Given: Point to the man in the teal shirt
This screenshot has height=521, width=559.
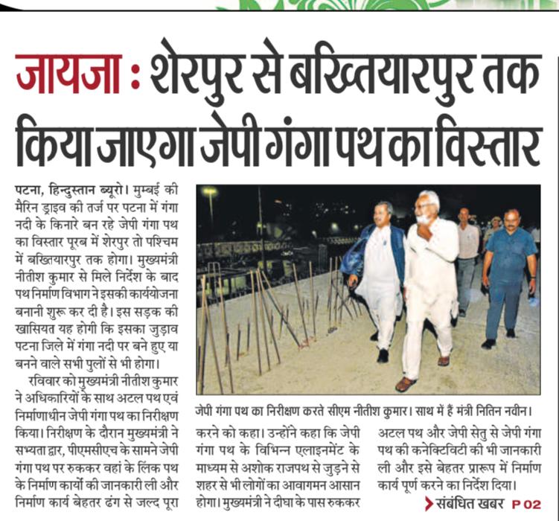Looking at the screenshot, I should click(x=508, y=275).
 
